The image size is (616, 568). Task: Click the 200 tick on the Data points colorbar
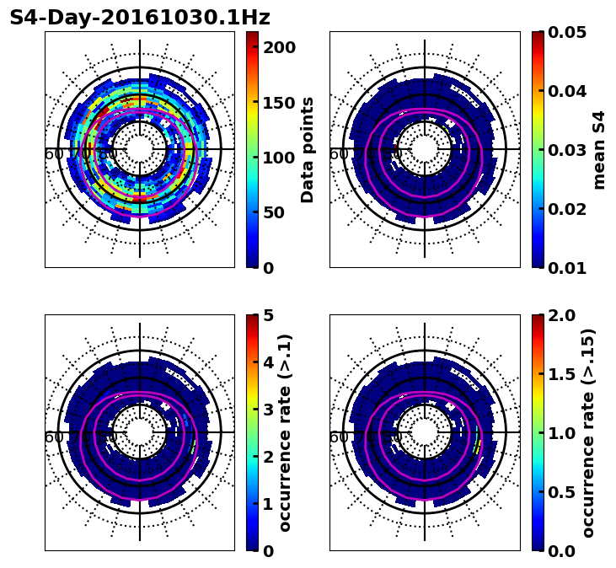click(279, 48)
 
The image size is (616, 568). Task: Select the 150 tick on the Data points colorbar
click(279, 103)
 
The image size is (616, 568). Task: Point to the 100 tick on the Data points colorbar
click(279, 158)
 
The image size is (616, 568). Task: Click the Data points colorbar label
click(308, 150)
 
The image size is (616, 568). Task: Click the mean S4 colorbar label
click(599, 150)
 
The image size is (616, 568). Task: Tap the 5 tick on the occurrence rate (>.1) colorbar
click(268, 315)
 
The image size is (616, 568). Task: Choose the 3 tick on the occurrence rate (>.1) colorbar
click(268, 410)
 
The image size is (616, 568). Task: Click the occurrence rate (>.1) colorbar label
click(285, 433)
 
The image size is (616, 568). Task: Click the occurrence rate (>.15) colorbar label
click(588, 433)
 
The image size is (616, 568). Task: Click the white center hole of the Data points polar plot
click(140, 149)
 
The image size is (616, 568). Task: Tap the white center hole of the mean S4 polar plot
click(425, 149)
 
